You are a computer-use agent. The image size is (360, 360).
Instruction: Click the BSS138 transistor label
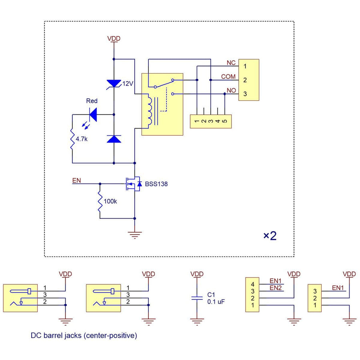tap(156, 184)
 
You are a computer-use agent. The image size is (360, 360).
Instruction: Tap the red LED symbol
tap(93, 115)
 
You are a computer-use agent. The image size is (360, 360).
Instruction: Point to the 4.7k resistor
tap(72, 139)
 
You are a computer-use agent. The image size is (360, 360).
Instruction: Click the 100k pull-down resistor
tap(100, 201)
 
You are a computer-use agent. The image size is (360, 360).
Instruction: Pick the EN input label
tap(76, 180)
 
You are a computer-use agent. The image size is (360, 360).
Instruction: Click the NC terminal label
tap(231, 63)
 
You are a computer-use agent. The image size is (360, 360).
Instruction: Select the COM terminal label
tap(228, 76)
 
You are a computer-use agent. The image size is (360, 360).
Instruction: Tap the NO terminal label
tap(231, 90)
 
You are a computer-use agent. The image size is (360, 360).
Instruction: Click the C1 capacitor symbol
tap(197, 298)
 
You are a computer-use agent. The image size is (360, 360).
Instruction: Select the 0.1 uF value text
tap(216, 302)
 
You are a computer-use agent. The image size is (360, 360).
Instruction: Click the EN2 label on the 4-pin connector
tap(276, 288)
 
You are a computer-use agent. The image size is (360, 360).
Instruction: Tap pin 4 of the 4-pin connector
tap(252, 284)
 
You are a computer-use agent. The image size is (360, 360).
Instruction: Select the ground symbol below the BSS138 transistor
tap(135, 235)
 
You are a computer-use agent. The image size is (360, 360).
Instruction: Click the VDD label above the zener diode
tap(114, 39)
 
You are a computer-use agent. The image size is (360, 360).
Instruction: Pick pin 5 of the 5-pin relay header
tap(225, 120)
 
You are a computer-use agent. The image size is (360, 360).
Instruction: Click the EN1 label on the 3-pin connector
tap(338, 288)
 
